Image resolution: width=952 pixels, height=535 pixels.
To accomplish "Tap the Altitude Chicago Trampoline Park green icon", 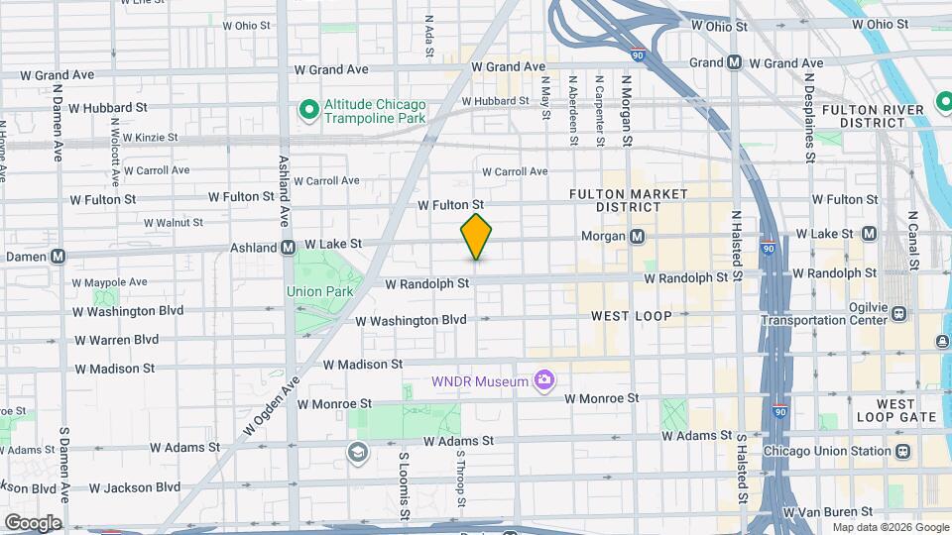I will point(308,108).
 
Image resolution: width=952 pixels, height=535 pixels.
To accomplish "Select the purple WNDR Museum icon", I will point(542,380).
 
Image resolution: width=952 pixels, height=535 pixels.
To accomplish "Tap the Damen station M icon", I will point(59,256).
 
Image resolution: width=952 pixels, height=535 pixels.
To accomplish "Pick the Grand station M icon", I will point(734,62).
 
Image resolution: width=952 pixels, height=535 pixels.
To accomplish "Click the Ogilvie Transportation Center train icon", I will point(898,314).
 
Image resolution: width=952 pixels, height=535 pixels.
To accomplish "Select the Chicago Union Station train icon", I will point(902,451).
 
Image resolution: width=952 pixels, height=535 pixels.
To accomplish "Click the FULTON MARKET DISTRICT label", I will point(615,200).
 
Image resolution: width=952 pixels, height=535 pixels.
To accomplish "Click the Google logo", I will point(32,522).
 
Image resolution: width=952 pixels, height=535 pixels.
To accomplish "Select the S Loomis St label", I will point(405,486).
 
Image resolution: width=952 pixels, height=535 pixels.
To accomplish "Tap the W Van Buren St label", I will point(827,512).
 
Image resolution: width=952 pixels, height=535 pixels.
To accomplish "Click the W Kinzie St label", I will point(143,138).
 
